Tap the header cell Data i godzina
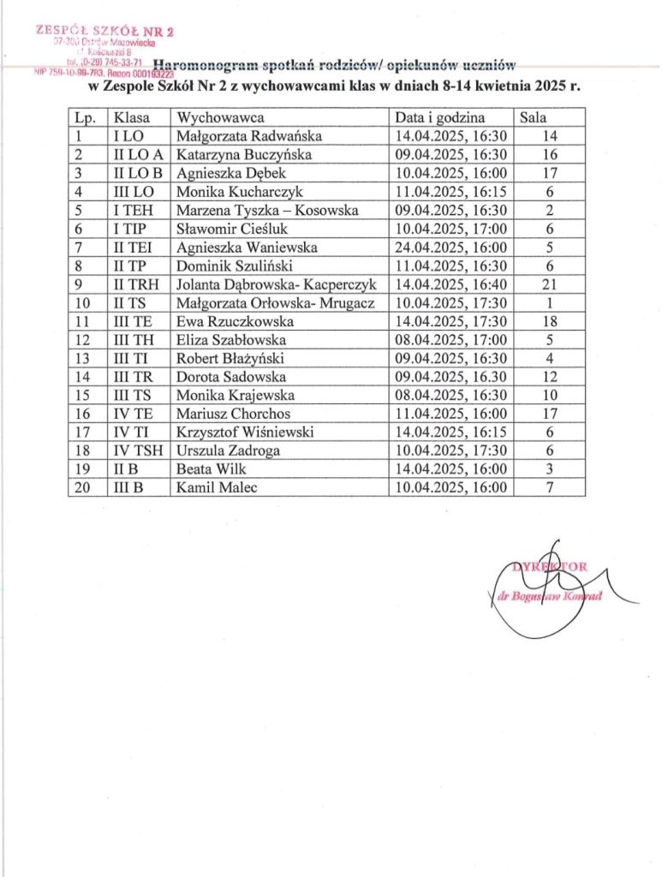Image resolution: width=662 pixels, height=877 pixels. coord(439,117)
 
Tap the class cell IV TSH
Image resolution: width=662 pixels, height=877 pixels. coord(136,450)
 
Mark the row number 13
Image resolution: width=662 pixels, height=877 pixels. coord(84,358)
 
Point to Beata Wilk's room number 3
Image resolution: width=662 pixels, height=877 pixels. coord(551,469)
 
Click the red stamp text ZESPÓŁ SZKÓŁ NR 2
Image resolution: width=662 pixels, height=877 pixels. coord(105,31)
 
